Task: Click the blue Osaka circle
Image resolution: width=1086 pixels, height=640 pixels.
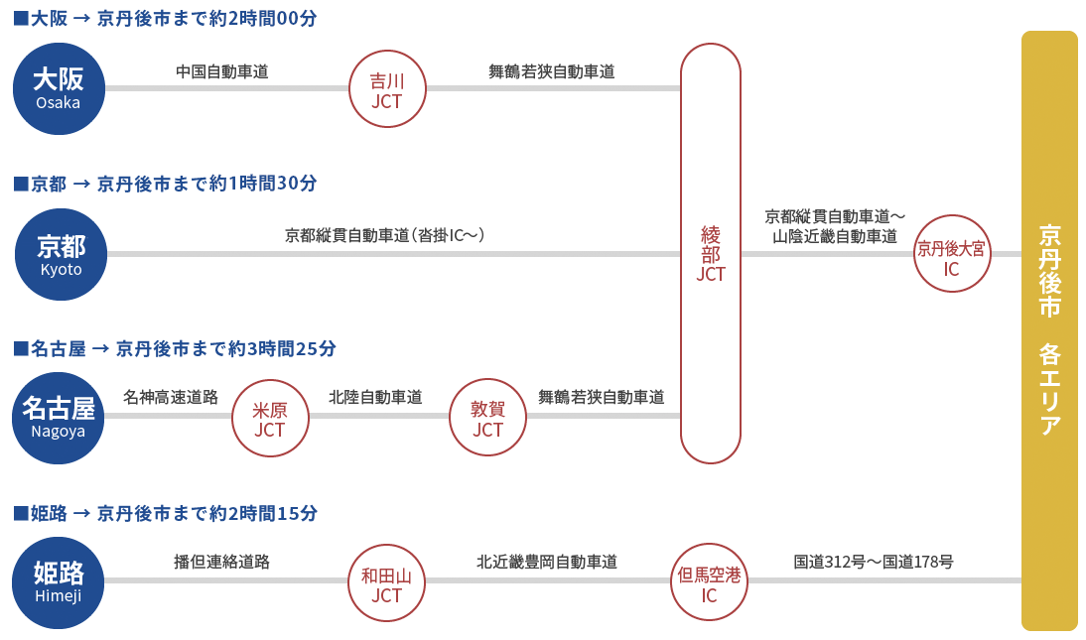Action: pyautogui.click(x=59, y=88)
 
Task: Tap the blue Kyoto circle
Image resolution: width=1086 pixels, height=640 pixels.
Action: pyautogui.click(x=61, y=254)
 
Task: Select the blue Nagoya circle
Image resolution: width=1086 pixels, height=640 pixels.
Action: pyautogui.click(x=59, y=418)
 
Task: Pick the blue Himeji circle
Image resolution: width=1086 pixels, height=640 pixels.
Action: pyautogui.click(x=59, y=582)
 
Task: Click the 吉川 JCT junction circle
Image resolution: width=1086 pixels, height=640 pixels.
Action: pyautogui.click(x=387, y=88)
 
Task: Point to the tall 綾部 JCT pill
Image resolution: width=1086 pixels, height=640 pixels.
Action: pyautogui.click(x=711, y=253)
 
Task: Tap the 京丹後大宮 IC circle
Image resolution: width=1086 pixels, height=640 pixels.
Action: pyautogui.click(x=952, y=253)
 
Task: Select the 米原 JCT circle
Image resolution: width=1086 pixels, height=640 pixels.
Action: pyautogui.click(x=270, y=418)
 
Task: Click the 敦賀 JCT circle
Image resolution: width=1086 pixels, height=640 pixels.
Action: pyautogui.click(x=487, y=418)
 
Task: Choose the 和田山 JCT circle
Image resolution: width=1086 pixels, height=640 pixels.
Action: pyautogui.click(x=386, y=582)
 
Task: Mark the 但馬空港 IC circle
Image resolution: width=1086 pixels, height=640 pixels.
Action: pyautogui.click(x=709, y=582)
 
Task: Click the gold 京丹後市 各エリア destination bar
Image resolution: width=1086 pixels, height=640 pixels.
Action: pyautogui.click(x=1049, y=330)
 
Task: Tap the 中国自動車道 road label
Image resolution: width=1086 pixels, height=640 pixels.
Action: pyautogui.click(x=222, y=71)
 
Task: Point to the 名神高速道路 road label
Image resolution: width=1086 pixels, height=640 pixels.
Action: pyautogui.click(x=171, y=397)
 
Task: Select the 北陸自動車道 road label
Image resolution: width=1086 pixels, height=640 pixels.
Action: pyautogui.click(x=375, y=397)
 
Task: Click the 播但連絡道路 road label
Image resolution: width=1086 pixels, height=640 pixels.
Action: pyautogui.click(x=221, y=562)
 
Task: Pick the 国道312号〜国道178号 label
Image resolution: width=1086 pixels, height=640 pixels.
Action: pyautogui.click(x=874, y=562)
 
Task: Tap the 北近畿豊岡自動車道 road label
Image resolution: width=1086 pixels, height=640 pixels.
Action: pyautogui.click(x=546, y=562)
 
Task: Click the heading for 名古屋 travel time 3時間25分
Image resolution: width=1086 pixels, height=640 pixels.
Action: pyautogui.click(x=175, y=348)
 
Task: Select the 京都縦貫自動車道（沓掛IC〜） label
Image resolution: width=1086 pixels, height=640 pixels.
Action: pyautogui.click(x=385, y=235)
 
